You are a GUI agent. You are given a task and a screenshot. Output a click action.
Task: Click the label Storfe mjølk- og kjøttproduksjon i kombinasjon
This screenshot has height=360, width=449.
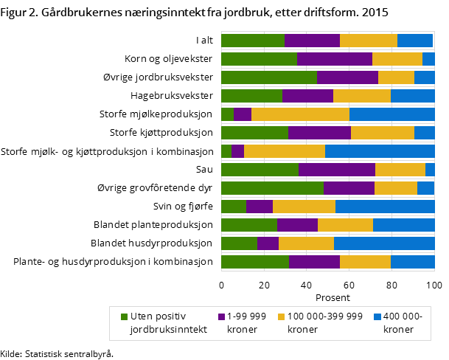108,152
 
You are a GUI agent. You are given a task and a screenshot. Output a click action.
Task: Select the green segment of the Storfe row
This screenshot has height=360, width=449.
226,151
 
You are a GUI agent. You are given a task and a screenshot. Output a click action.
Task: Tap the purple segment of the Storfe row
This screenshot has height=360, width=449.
237,151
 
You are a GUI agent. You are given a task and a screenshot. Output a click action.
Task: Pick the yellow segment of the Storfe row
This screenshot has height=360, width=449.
285,151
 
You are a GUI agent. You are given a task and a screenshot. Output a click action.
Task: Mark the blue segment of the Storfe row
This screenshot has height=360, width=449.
380,151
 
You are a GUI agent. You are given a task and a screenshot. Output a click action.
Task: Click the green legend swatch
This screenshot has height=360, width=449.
124,316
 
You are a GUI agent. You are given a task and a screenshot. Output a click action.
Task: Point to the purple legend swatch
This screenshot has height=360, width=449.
222,316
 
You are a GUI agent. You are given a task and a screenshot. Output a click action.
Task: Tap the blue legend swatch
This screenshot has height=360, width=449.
377,316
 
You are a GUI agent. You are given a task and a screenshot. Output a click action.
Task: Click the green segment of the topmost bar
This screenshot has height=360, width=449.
252,41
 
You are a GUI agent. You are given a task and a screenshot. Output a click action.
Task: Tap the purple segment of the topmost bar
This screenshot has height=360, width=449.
312,41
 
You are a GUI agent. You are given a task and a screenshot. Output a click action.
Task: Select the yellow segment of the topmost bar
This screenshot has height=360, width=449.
369,41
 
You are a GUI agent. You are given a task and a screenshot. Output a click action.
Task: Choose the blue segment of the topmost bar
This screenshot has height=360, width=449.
415,41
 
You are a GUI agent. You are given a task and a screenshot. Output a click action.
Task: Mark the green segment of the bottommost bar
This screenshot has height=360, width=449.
254,262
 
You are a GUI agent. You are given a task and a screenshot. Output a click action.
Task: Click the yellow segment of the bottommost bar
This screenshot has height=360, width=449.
365,262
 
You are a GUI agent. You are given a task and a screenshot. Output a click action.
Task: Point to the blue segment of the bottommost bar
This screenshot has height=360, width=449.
413,262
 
